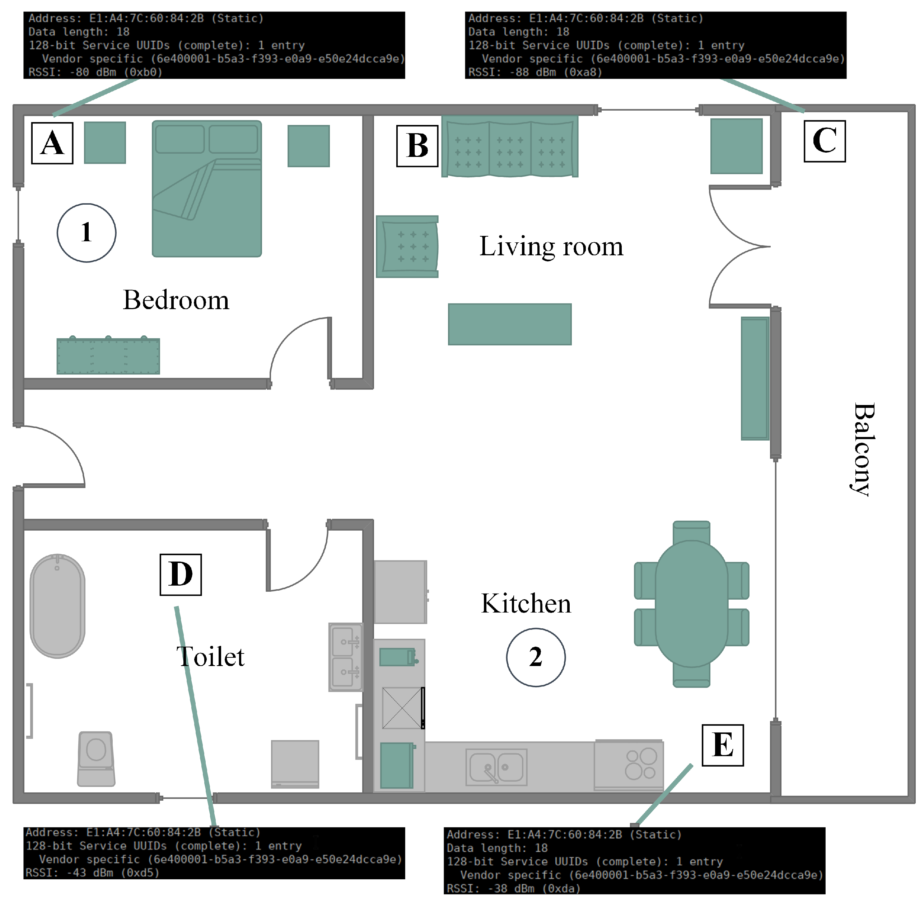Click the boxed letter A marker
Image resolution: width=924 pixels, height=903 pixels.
[x=52, y=143]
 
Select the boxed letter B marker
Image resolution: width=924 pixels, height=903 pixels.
[x=417, y=146]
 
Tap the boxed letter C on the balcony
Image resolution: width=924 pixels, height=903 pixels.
[x=825, y=141]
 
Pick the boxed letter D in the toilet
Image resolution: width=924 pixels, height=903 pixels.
[x=181, y=574]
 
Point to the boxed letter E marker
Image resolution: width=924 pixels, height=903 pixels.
[x=723, y=745]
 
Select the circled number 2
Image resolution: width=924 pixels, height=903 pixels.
[x=536, y=657]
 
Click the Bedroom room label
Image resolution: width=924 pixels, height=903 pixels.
[x=176, y=300]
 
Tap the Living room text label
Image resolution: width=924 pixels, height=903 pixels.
[x=551, y=247]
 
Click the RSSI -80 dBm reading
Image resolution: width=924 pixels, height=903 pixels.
[x=95, y=72]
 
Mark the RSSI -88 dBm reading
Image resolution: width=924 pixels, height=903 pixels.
[x=535, y=72]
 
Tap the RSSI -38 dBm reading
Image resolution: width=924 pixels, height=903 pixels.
[x=513, y=888]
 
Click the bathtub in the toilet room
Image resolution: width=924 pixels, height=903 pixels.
[x=57, y=606]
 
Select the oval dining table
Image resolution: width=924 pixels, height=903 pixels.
[x=691, y=604]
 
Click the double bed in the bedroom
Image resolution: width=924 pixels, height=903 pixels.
[x=207, y=189]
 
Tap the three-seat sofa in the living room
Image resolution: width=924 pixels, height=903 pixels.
[x=510, y=146]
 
